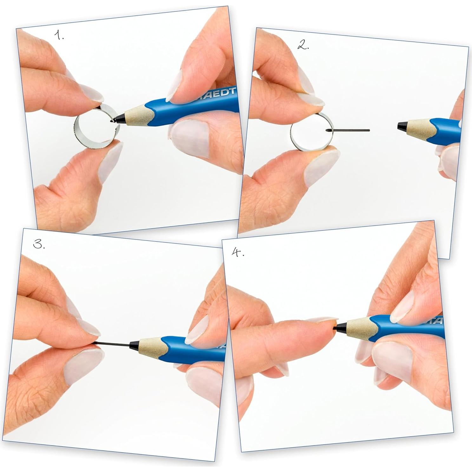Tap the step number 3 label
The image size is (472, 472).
[39, 244]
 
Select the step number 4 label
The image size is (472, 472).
[238, 252]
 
